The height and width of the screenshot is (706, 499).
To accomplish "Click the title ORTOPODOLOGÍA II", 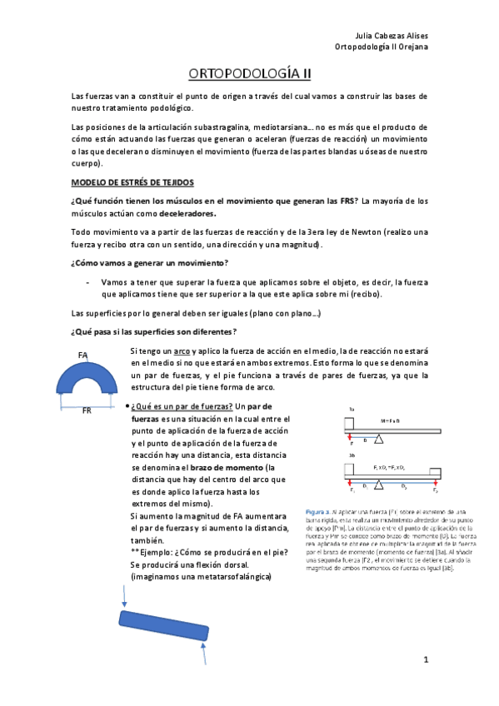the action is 249,74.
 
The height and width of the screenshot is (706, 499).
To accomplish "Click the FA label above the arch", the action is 83,355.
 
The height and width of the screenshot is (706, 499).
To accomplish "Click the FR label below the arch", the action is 86,410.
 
